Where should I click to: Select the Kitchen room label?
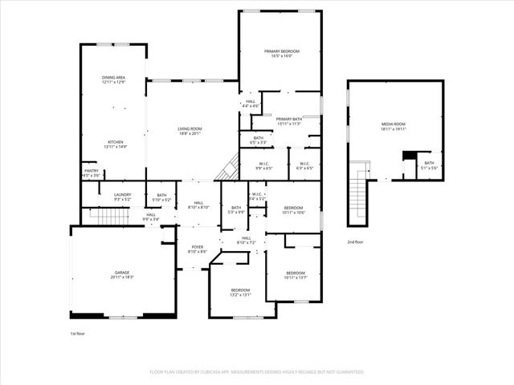[x=115, y=144]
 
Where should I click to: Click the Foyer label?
[x=198, y=249]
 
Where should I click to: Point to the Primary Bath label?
[x=288, y=121]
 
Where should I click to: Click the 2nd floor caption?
[x=355, y=241]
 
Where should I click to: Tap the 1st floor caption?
[x=77, y=331]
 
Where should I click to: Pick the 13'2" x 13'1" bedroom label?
[x=241, y=292]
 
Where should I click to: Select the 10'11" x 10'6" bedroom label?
[x=293, y=209]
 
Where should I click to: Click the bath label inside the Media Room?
[x=429, y=165]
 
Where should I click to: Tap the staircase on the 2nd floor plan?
[x=358, y=197]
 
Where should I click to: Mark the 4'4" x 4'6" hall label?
[x=251, y=103]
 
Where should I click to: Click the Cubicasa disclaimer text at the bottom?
[x=257, y=372]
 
